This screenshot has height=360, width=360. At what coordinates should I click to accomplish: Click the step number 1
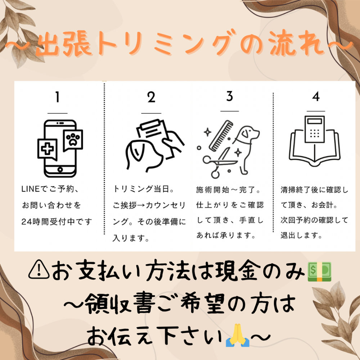(x=57, y=97)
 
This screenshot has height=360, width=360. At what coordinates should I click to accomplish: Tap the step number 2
(x=151, y=97)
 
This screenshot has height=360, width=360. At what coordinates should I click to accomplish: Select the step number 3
(x=230, y=96)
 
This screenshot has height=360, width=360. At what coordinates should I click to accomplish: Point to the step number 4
(x=316, y=96)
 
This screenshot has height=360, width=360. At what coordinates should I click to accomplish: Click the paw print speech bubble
(x=73, y=140)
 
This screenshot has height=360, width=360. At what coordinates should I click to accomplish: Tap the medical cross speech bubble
(x=48, y=149)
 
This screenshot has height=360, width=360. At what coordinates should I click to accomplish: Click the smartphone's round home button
(x=60, y=170)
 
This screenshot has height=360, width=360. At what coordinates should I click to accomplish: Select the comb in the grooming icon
(x=221, y=136)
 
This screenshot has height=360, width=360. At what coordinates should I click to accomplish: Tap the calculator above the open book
(x=315, y=129)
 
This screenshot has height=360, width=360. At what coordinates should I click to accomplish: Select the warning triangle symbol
(x=39, y=269)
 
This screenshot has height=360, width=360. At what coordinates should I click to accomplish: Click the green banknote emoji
(x=319, y=271)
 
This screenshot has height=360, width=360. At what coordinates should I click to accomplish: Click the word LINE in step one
(x=31, y=189)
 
